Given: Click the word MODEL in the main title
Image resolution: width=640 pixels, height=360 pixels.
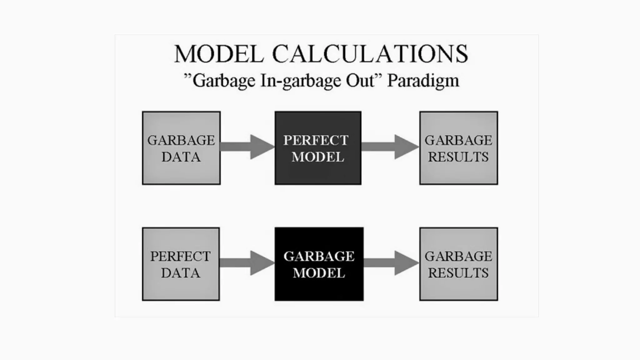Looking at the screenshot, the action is pyautogui.click(x=219, y=54).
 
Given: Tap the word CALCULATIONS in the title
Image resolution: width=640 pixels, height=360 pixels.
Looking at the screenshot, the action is pyautogui.click(x=370, y=54).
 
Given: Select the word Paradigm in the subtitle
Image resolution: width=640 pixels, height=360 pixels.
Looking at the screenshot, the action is pyautogui.click(x=423, y=81).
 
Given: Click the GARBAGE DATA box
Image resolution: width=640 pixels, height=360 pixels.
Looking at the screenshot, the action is pyautogui.click(x=181, y=148).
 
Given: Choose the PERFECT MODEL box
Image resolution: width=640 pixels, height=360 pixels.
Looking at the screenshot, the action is pyautogui.click(x=318, y=148).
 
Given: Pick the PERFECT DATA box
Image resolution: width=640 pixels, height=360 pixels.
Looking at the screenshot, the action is pyautogui.click(x=181, y=264).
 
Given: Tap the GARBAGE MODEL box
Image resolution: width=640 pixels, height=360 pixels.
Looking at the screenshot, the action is pyautogui.click(x=319, y=264).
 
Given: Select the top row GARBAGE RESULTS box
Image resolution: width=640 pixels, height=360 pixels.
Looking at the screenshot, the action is pyautogui.click(x=458, y=148).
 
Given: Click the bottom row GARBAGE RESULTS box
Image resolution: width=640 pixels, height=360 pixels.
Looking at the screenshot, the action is pyautogui.click(x=458, y=264).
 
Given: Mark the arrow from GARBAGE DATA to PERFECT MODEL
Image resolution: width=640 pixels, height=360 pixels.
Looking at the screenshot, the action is pyautogui.click(x=247, y=147).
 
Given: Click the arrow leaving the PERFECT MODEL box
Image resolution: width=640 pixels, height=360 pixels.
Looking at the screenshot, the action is pyautogui.click(x=390, y=147).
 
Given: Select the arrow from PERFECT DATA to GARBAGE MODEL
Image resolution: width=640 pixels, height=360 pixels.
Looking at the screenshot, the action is pyautogui.click(x=247, y=263).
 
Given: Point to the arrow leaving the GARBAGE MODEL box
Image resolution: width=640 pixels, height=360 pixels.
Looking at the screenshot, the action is pyautogui.click(x=391, y=263).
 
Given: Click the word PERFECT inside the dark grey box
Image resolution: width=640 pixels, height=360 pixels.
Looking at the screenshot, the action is pyautogui.click(x=316, y=140).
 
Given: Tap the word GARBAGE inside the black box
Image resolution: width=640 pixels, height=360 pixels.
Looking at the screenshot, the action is pyautogui.click(x=319, y=256).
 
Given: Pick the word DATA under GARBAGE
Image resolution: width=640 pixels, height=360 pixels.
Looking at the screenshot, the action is pyautogui.click(x=181, y=157).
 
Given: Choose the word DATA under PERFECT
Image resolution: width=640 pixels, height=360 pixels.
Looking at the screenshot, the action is pyautogui.click(x=181, y=273).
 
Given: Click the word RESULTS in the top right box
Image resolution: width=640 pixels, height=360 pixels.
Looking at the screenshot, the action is pyautogui.click(x=458, y=157).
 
